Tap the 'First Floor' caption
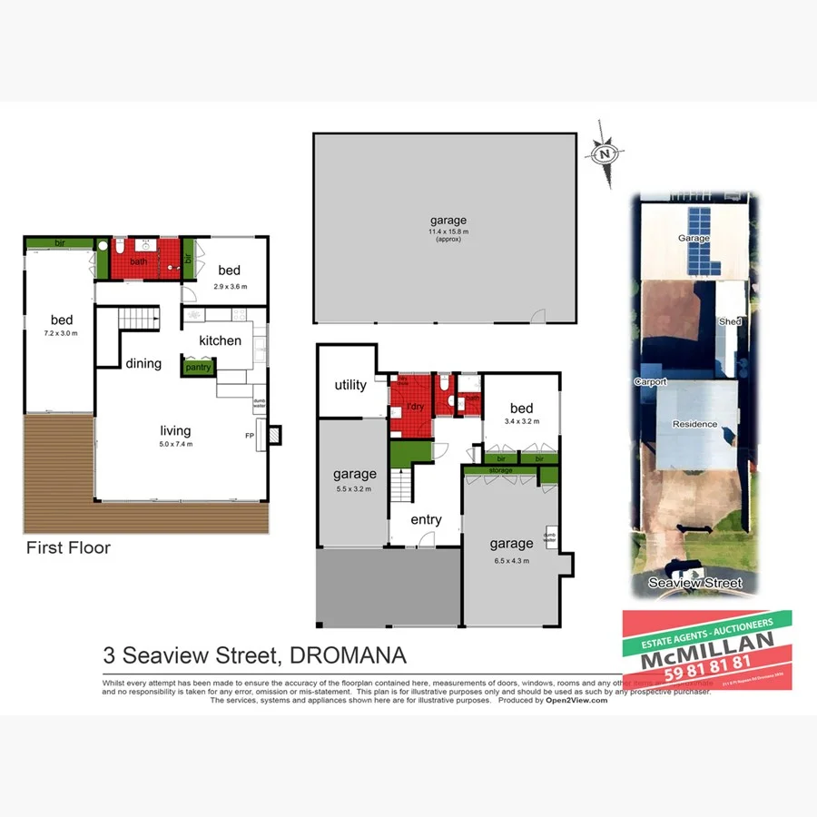[68, 547]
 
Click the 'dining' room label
[143, 363]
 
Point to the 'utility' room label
[350, 385]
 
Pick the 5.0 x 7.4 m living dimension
[177, 444]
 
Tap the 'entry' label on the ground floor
[426, 519]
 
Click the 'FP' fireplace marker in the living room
[250, 436]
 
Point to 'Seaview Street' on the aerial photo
[695, 583]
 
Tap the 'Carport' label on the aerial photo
[652, 382]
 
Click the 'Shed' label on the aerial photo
[730, 321]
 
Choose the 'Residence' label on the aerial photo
[694, 424]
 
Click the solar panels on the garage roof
[701, 243]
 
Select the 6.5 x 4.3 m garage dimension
[511, 560]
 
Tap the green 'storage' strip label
[500, 470]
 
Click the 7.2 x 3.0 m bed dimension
[61, 333]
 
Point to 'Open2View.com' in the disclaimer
[576, 700]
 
